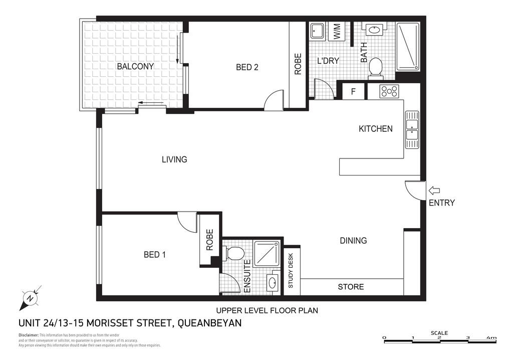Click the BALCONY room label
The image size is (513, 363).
pyautogui.click(x=135, y=66)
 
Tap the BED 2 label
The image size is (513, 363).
pyautogui.click(x=247, y=67)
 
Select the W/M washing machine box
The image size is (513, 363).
pyautogui.click(x=337, y=33)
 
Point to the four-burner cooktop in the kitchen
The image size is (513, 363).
pyautogui.click(x=389, y=91)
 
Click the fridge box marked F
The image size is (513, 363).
pyautogui.click(x=353, y=92)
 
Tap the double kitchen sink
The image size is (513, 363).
pyautogui.click(x=412, y=129)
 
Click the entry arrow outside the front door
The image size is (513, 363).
pyautogui.click(x=434, y=191)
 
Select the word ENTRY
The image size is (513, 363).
pyautogui.click(x=442, y=203)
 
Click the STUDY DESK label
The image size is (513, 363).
pyautogui.click(x=291, y=271)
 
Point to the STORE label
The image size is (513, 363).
pyautogui.click(x=351, y=287)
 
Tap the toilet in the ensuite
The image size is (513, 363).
pyautogui.click(x=234, y=253)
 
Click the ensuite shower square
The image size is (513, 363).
pyautogui.click(x=269, y=254)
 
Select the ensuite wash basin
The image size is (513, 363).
pyautogui.click(x=273, y=282)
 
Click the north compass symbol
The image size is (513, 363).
pyautogui.click(x=30, y=299)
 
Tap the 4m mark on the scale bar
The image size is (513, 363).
pyautogui.click(x=493, y=337)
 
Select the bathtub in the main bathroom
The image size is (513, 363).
pyautogui.click(x=409, y=46)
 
